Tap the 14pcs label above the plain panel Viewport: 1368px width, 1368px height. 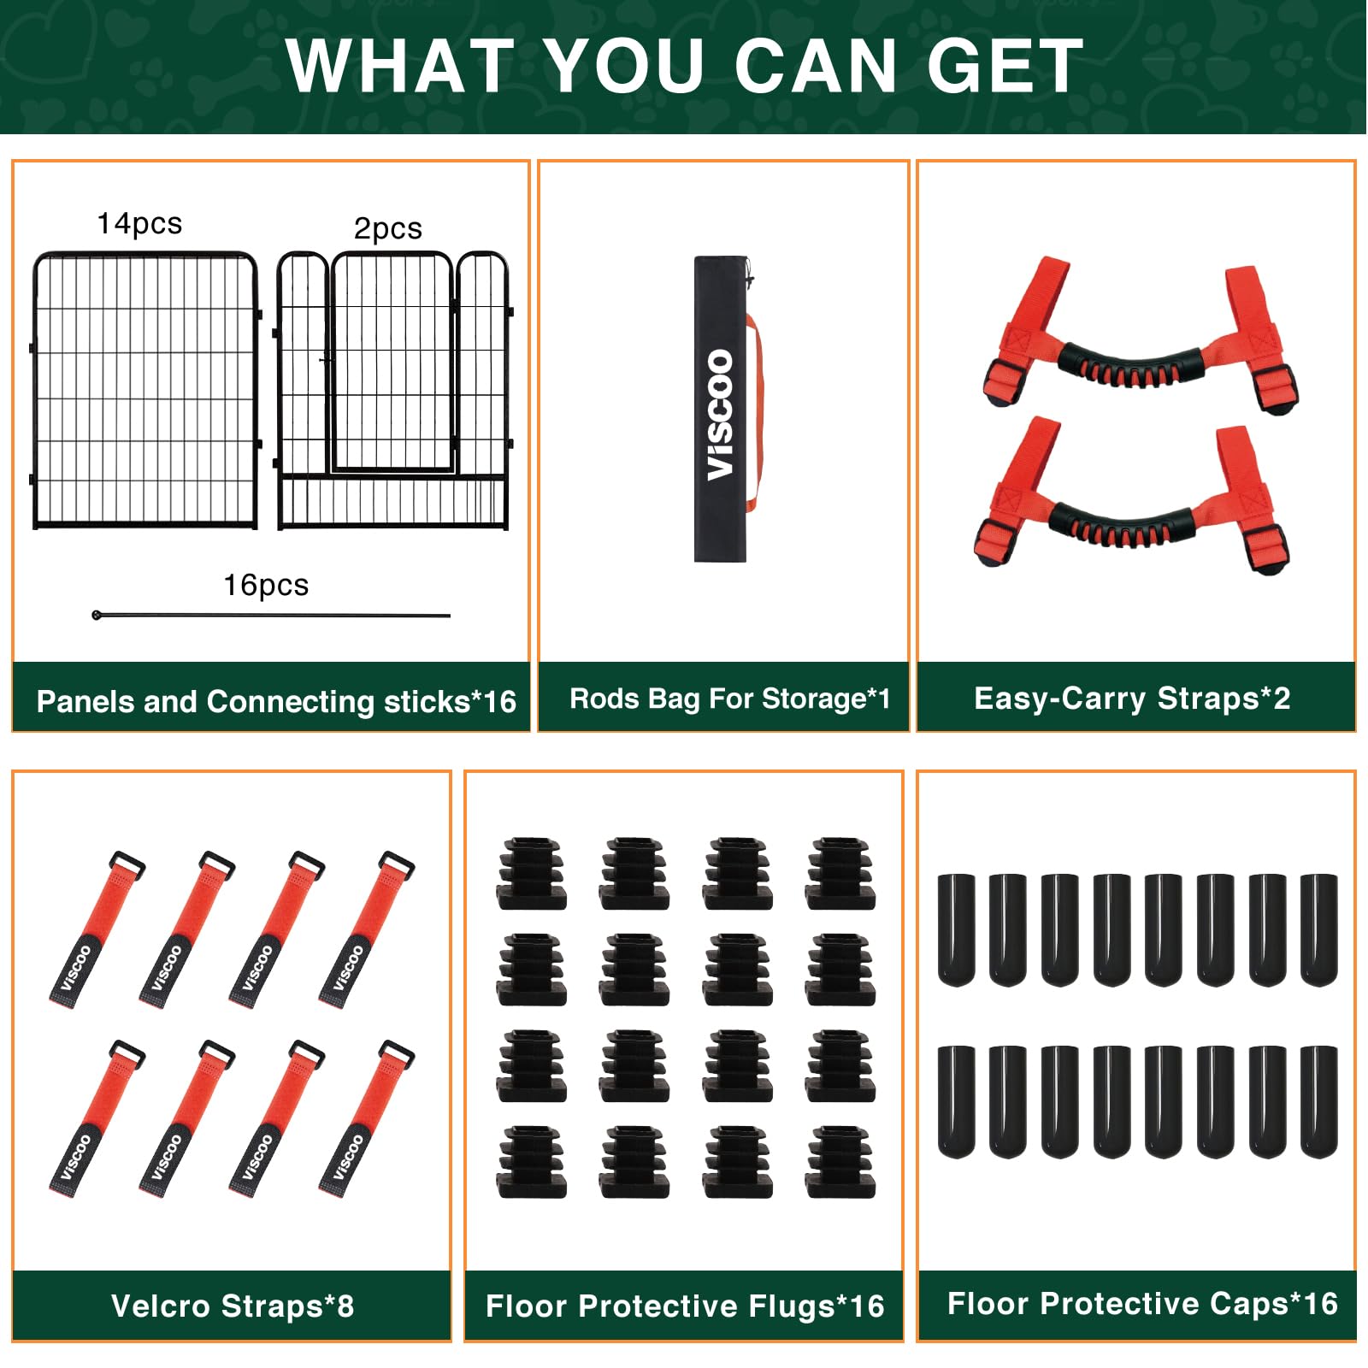[139, 223]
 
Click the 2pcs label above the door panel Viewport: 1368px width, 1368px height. [388, 228]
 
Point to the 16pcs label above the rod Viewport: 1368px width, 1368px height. [266, 585]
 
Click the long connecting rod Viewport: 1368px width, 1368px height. [271, 615]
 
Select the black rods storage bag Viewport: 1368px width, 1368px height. [721, 409]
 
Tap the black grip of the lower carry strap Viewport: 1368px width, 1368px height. [1122, 525]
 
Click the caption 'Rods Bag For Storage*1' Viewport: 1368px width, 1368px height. [729, 699]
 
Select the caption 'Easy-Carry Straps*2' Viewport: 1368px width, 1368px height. [1132, 699]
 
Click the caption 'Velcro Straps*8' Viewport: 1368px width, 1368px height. [233, 1306]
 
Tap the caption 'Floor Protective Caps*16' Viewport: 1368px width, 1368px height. [1142, 1303]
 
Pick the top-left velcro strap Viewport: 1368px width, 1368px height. [96, 929]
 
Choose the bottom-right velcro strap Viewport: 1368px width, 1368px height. [366, 1118]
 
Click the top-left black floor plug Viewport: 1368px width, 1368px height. [532, 873]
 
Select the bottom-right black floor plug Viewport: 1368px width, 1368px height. [840, 1162]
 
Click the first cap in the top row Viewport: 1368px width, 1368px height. [956, 929]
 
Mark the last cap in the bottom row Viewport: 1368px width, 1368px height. [1319, 1101]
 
